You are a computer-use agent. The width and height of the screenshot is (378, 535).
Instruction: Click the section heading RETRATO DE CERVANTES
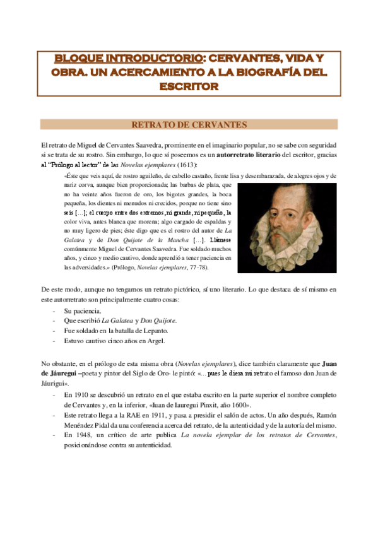(x=189, y=124)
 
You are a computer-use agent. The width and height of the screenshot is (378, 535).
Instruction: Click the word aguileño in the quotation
(x=142, y=176)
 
